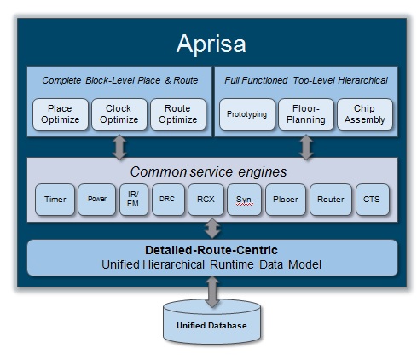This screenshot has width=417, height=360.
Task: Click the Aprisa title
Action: tap(211, 44)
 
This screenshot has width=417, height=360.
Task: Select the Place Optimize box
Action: tap(61, 114)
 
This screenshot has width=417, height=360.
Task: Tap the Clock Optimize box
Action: tap(119, 114)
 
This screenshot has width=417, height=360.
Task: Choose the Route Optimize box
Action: tap(178, 114)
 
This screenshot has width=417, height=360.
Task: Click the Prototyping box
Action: tap(247, 114)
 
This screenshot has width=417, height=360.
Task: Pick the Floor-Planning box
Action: tap(306, 114)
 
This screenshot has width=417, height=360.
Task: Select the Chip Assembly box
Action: tap(365, 114)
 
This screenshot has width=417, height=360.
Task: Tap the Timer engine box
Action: tap(55, 200)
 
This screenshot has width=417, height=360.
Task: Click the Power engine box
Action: tap(97, 200)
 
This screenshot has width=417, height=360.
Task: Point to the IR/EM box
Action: tap(134, 200)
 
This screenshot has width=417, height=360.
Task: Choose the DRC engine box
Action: tap(168, 200)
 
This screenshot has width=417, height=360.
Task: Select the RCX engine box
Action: tap(206, 200)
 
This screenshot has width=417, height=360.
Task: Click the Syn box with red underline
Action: tap(244, 200)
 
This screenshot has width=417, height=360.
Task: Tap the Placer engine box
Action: tap(286, 200)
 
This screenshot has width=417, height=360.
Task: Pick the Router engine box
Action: tap(331, 200)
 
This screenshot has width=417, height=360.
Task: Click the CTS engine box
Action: tap(373, 200)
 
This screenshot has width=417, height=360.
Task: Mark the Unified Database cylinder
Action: tap(211, 322)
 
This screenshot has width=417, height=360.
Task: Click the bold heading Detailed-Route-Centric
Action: tap(211, 250)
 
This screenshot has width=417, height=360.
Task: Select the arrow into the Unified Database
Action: tap(212, 293)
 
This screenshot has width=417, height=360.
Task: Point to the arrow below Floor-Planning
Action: tap(306, 148)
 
